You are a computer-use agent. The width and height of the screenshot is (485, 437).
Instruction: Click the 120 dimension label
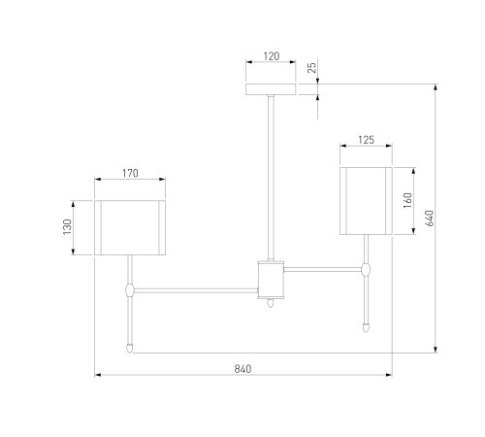click(x=272, y=56)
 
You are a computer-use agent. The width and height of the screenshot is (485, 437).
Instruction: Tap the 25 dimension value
click(x=312, y=68)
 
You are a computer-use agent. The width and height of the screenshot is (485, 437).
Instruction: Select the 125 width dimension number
click(x=366, y=140)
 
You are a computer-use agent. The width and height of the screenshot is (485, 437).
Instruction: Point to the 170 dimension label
click(x=130, y=173)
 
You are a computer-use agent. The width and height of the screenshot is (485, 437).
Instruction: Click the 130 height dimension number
click(x=67, y=227)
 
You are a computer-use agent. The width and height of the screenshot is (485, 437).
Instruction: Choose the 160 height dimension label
click(x=408, y=200)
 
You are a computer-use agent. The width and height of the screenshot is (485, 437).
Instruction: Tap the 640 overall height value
click(x=430, y=218)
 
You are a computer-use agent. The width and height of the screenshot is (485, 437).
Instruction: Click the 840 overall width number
click(x=242, y=369)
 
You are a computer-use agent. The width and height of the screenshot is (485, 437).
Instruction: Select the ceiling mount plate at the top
click(x=271, y=89)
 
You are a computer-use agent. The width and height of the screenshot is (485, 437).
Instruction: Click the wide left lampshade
click(x=130, y=227)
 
